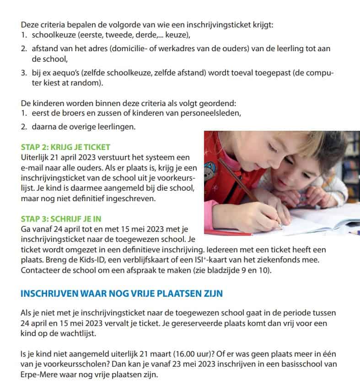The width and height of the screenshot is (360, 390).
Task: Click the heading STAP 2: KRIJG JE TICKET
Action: pos(65,148)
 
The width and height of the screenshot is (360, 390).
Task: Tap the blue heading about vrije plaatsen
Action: pos(122,293)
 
